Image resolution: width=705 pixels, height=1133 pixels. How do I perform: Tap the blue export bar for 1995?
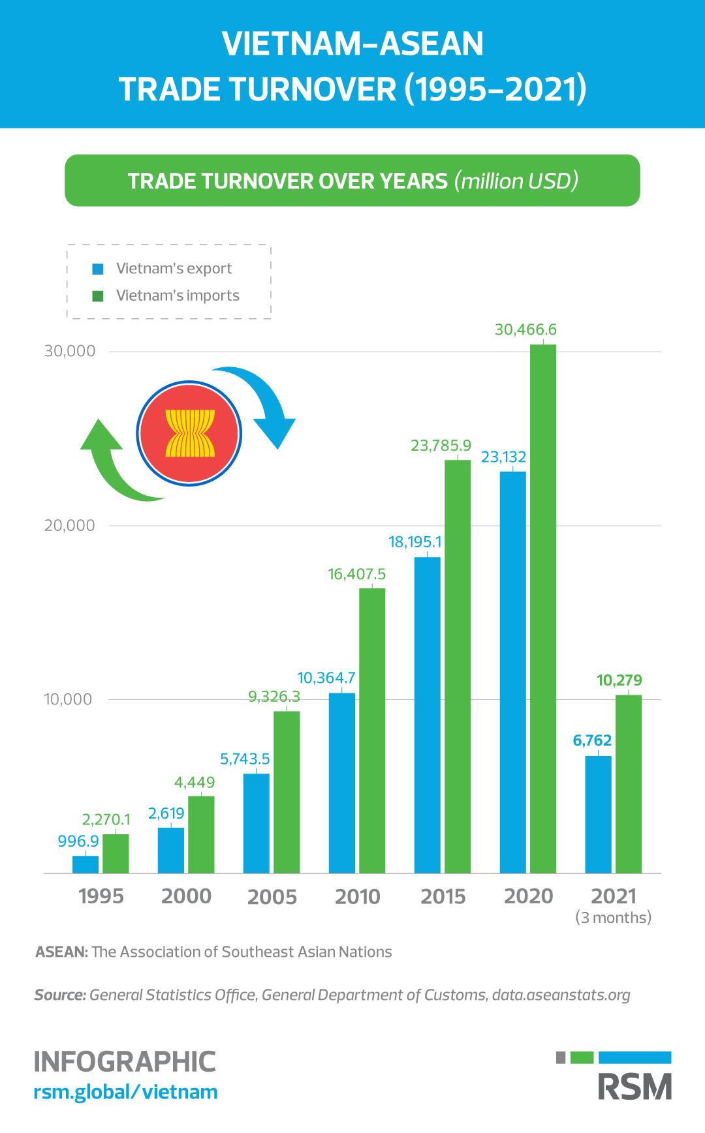[86, 864]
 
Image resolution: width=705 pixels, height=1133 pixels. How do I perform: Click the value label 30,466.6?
[525, 330]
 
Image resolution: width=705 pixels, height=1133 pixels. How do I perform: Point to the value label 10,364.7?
[326, 678]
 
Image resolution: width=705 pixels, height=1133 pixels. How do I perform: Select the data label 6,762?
[591, 741]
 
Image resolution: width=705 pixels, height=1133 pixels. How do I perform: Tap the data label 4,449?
[194, 782]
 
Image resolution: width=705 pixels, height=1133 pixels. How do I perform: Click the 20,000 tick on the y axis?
[70, 526]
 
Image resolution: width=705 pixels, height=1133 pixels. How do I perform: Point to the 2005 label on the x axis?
[272, 897]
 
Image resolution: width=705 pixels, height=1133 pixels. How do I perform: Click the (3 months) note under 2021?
[613, 918]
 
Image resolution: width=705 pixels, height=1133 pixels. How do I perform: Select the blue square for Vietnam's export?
[98, 269]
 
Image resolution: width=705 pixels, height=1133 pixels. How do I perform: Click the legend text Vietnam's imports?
[178, 295]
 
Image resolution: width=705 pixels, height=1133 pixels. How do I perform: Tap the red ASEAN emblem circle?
[189, 433]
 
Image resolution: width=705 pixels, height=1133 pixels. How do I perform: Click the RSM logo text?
[634, 1087]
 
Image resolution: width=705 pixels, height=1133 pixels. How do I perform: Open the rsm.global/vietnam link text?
[125, 1092]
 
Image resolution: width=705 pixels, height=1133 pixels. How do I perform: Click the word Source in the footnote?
[59, 995]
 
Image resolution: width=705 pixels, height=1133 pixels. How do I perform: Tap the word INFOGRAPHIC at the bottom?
[124, 1062]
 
